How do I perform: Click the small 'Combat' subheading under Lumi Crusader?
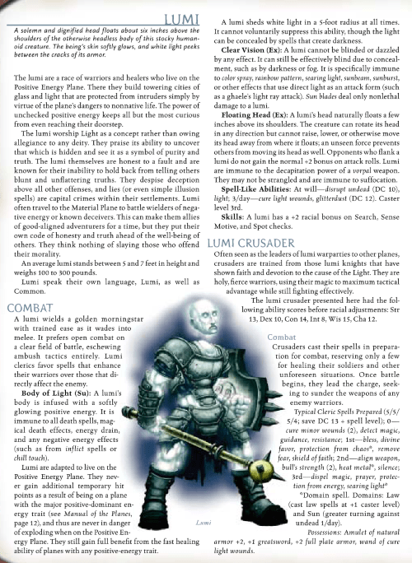click(282, 338)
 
